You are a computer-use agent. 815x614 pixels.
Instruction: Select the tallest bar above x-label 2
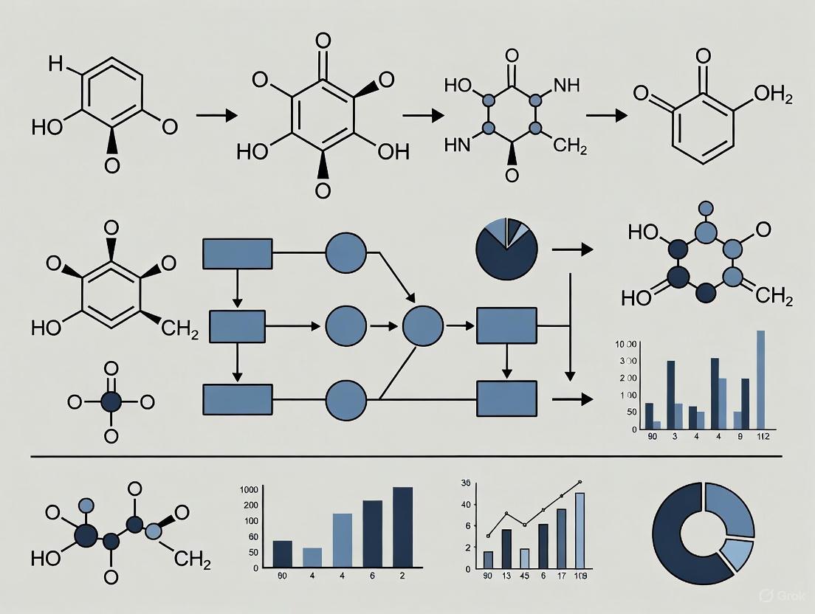pos(403,526)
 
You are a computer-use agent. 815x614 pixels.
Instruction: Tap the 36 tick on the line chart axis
pos(465,483)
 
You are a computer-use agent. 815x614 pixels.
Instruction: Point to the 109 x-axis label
pos(581,576)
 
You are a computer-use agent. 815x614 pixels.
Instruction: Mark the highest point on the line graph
pos(580,482)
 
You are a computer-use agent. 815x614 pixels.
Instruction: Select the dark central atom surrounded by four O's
pos(111,402)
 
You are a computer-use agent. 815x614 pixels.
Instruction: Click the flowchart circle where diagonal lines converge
pos(423,324)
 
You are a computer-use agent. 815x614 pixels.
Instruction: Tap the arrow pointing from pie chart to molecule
pos(572,250)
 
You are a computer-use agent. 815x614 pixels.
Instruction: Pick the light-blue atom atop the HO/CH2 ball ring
pos(705,209)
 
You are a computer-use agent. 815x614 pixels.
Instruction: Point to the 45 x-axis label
pos(524,576)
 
